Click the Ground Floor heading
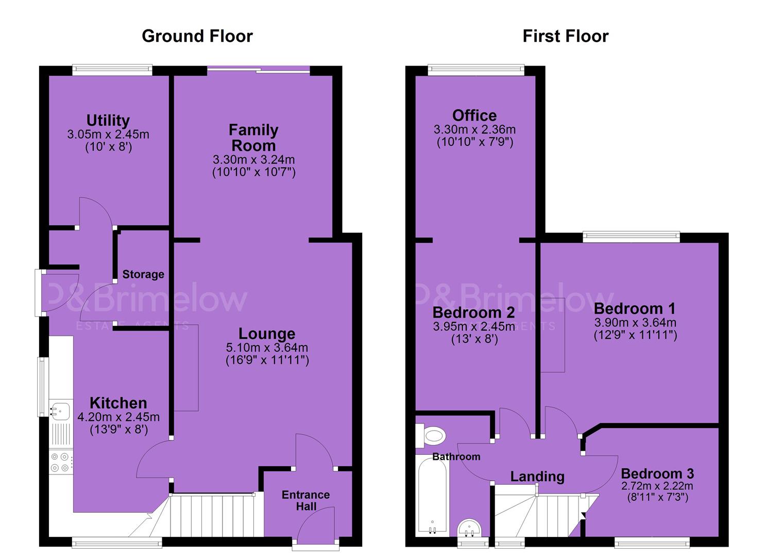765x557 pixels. point(197,36)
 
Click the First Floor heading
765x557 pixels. point(566,36)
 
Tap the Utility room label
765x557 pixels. point(108,120)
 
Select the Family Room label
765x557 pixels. point(253,138)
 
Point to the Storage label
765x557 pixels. point(143,274)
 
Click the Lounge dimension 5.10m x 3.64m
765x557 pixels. point(267,348)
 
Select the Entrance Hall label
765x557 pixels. point(305,501)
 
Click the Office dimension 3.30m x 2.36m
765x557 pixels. point(474,129)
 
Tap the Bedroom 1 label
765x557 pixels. point(635,309)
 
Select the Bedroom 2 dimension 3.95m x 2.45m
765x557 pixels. point(474,326)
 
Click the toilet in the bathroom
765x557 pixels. point(431,436)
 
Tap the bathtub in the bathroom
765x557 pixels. point(432,496)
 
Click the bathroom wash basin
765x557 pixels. point(470,529)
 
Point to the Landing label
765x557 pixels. point(537,477)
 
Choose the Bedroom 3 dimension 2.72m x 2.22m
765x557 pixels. point(657,486)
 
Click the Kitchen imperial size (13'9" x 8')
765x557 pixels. point(119,429)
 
